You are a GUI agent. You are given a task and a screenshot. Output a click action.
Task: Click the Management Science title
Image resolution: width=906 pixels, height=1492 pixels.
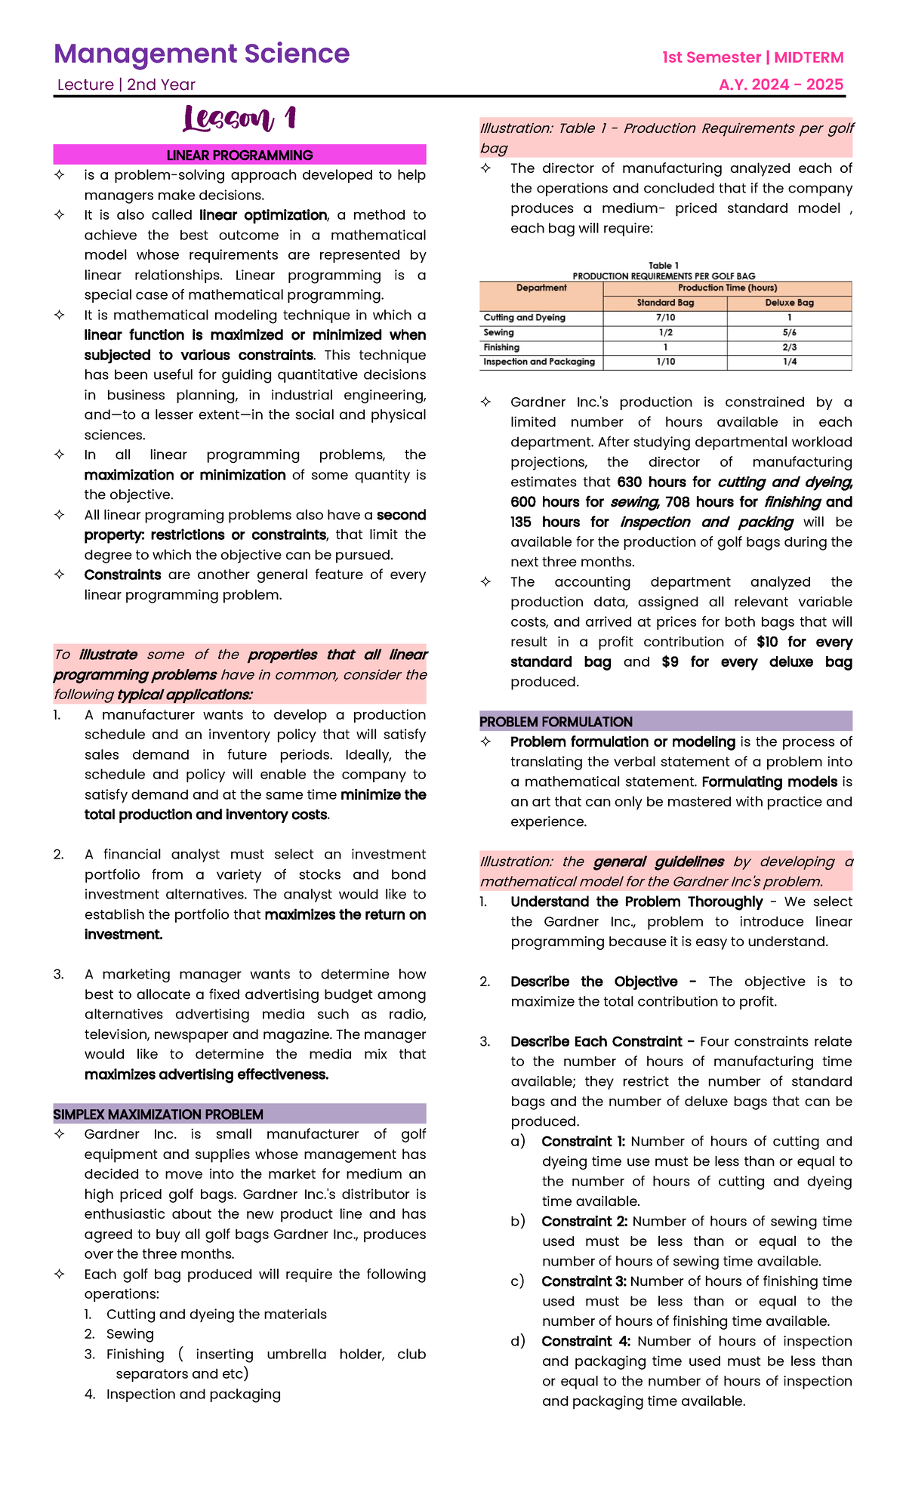[202, 54]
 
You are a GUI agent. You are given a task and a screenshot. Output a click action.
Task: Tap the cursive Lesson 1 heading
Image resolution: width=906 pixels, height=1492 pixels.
[239, 119]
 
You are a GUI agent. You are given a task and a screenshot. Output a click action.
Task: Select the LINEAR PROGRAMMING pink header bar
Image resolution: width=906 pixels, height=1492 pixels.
[239, 155]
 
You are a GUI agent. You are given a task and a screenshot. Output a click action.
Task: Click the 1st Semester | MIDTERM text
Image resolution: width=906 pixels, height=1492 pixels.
[753, 57]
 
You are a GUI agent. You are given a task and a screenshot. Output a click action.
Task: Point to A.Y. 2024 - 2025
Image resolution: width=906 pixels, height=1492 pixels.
[781, 85]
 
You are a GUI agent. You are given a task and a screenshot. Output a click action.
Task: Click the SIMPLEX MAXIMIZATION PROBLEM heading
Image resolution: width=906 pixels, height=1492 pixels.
[158, 1114]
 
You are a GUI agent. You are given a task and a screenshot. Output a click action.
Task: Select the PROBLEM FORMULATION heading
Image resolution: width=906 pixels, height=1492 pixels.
[556, 722]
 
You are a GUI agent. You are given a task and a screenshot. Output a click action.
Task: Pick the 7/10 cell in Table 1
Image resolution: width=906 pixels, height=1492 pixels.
[665, 318]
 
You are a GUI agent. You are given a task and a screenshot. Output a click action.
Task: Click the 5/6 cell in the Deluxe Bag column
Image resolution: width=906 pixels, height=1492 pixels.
[789, 332]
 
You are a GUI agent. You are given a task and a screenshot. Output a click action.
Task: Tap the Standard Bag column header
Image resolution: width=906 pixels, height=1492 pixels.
[665, 303]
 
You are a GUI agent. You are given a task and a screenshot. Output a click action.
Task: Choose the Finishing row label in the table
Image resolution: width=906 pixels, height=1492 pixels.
[501, 347]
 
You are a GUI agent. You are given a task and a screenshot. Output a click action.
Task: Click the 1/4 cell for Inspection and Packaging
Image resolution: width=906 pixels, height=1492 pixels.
[789, 362]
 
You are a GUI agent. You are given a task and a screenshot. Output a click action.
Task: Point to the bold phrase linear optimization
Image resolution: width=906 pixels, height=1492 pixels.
[263, 215]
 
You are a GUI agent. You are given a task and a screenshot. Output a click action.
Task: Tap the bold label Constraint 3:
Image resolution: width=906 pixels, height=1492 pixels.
[584, 1281]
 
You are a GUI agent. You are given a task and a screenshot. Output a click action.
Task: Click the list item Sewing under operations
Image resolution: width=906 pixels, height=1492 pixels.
[130, 1334]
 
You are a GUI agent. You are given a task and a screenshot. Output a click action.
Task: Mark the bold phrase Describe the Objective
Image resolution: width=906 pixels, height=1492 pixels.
[593, 982]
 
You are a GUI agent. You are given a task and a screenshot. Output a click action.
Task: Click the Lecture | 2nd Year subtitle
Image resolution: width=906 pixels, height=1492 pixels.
[126, 85]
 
